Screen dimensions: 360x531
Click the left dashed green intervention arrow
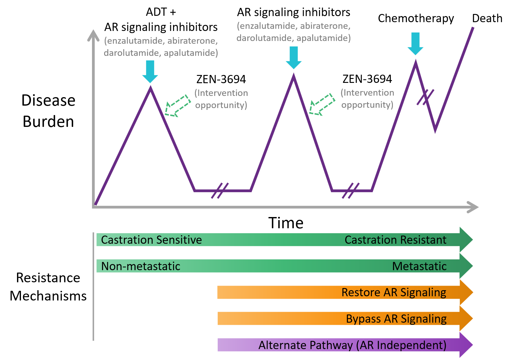[177, 106]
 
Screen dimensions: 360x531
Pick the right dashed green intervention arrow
[321, 104]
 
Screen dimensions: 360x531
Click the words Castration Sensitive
[151, 240]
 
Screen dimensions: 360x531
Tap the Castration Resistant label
[395, 240]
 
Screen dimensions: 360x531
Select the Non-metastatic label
[141, 266]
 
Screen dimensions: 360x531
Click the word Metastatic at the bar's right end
[419, 266]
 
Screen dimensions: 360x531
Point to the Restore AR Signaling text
[393, 292]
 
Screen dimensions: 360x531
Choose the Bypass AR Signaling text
[396, 319]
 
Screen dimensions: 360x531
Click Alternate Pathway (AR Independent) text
[352, 345]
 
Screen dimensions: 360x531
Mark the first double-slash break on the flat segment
[220, 191]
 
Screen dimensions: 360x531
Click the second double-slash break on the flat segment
[351, 191]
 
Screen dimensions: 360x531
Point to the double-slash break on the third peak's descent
[425, 97]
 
